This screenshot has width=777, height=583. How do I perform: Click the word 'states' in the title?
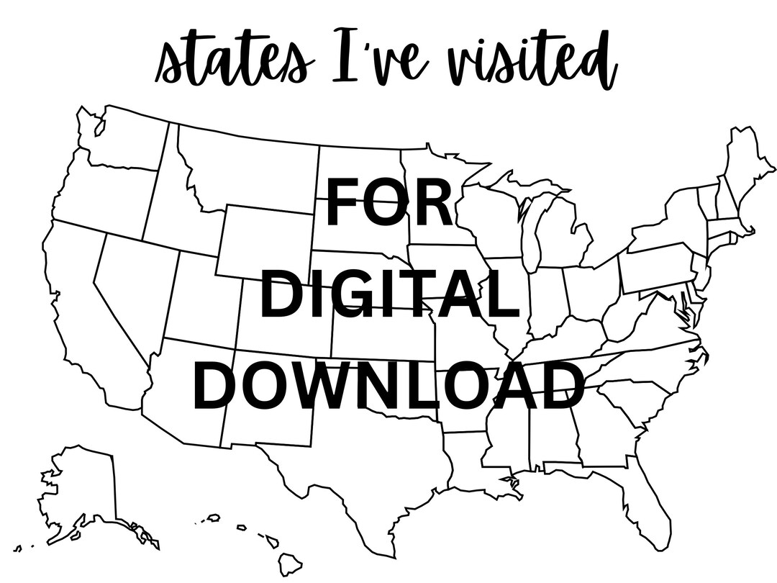pos(235,61)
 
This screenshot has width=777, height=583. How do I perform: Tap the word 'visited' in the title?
pos(537,61)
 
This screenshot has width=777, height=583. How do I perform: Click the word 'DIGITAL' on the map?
pos(389,295)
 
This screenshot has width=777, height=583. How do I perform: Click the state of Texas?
pos(360,468)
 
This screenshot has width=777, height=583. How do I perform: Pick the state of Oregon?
pos(101,194)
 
